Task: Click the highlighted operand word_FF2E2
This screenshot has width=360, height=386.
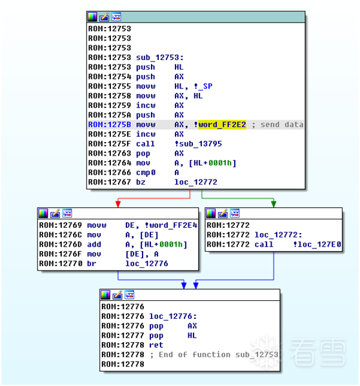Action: [x=222, y=125]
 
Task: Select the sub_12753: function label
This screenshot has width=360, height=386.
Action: [x=160, y=57]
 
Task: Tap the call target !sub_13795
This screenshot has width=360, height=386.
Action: [x=198, y=144]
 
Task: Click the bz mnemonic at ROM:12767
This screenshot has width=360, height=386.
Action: [x=141, y=182]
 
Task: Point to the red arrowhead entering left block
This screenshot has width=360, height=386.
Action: [x=118, y=205]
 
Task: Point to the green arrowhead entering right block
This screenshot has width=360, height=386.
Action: [x=274, y=205]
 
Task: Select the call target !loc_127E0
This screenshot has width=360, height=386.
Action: [x=317, y=245]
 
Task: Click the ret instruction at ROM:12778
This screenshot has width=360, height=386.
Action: [x=156, y=345]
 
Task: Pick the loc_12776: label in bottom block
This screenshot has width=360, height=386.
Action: [x=173, y=316]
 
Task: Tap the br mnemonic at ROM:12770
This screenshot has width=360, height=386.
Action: [x=92, y=263]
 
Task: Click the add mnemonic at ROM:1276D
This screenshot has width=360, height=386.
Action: [x=94, y=245]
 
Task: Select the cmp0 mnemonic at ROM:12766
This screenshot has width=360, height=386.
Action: [x=146, y=172]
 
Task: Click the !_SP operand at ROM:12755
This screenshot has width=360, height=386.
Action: [x=203, y=86]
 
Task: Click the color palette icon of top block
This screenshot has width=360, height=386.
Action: [x=92, y=17]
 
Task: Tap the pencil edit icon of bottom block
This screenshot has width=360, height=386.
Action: [x=117, y=295]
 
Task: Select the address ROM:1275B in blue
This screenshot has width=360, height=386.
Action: [x=110, y=125]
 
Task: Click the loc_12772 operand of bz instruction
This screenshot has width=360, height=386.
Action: [x=196, y=182]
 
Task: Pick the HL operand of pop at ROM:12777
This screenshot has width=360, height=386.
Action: [x=192, y=336]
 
